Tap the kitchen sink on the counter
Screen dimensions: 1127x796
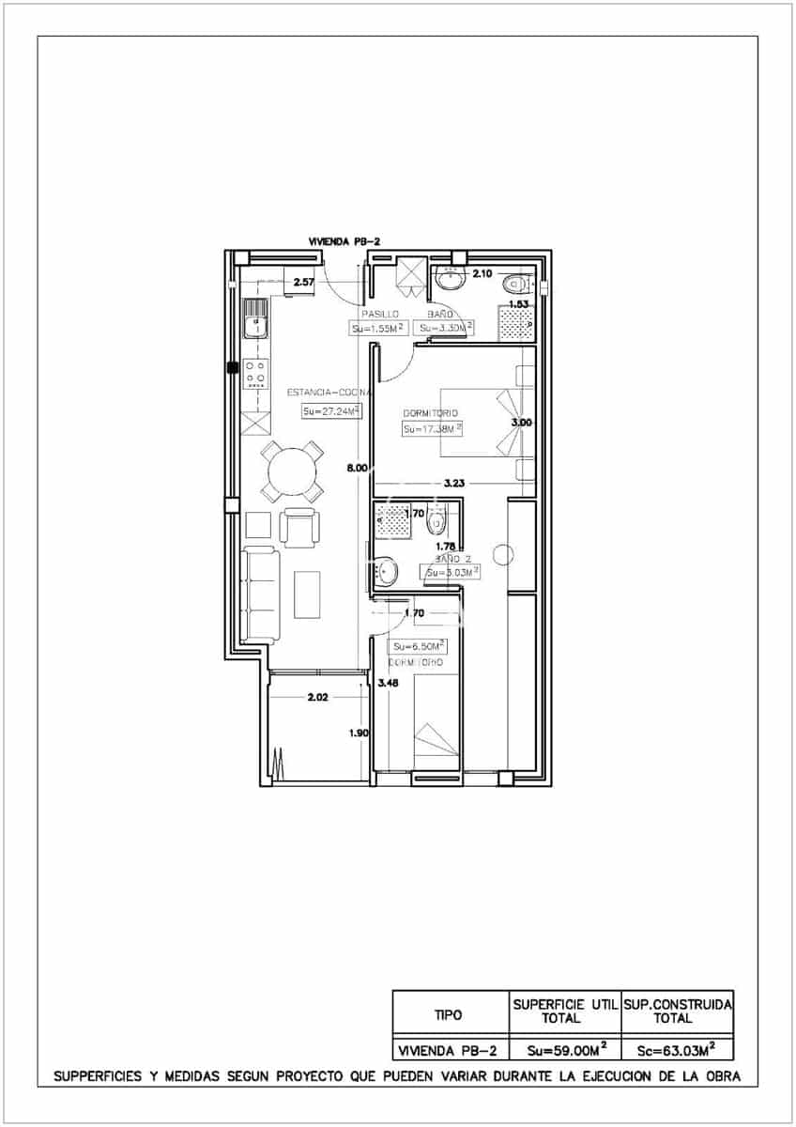(253, 319)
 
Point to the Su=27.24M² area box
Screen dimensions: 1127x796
(330, 410)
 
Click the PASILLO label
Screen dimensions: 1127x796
(380, 314)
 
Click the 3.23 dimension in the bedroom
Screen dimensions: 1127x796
(453, 483)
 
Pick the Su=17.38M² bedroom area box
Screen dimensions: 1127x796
(433, 428)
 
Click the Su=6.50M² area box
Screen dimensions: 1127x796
(419, 646)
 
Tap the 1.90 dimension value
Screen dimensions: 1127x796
(358, 733)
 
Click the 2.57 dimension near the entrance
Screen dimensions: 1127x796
(303, 282)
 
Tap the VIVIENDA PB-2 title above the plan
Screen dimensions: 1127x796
(344, 241)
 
